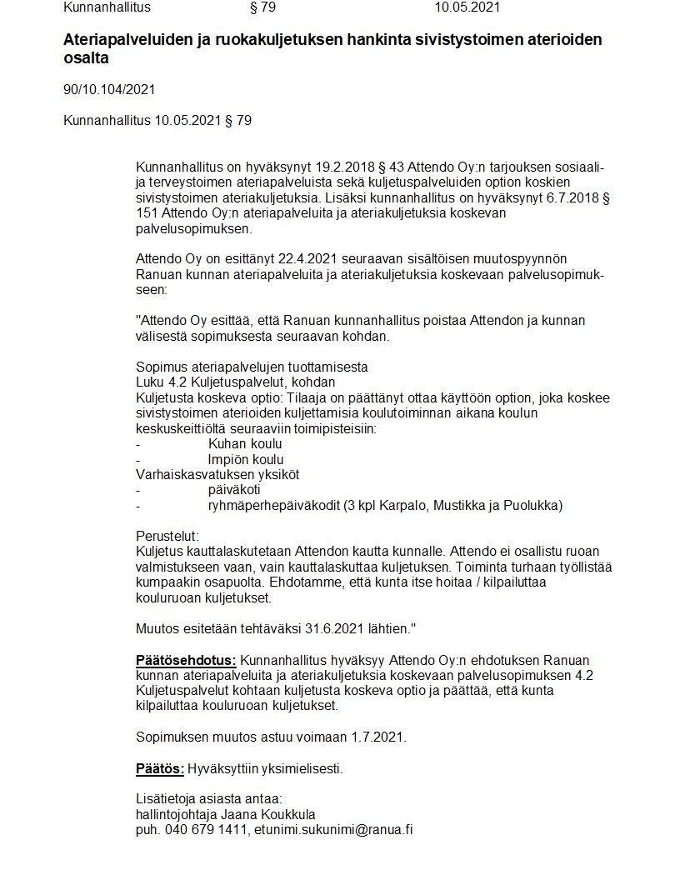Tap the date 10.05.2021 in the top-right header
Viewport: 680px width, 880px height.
467,7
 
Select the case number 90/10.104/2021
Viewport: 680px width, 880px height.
109,89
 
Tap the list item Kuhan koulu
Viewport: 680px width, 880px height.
245,444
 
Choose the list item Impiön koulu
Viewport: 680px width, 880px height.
246,459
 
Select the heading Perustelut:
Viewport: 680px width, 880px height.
167,536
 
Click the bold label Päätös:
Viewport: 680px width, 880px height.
159,768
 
